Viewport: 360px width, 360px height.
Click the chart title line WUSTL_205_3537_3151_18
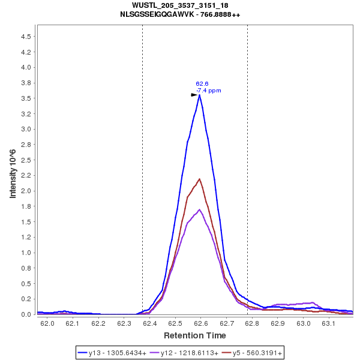tap(180, 5)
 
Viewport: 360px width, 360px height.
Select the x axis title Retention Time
tap(194, 335)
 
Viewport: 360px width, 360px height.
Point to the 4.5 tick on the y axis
tap(25, 37)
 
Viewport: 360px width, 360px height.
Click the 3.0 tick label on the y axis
tap(25, 129)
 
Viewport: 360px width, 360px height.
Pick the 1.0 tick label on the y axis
tap(25, 253)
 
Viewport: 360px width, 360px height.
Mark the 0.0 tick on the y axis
tap(25, 314)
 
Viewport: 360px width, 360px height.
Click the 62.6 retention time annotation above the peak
tap(202, 84)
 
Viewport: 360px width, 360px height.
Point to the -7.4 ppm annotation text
tap(208, 91)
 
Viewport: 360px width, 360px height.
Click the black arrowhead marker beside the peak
tap(194, 95)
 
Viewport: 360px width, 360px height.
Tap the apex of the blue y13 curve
tap(199, 95)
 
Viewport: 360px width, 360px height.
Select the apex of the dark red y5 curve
tap(199, 179)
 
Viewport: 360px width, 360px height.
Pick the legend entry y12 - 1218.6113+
tap(185, 353)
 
